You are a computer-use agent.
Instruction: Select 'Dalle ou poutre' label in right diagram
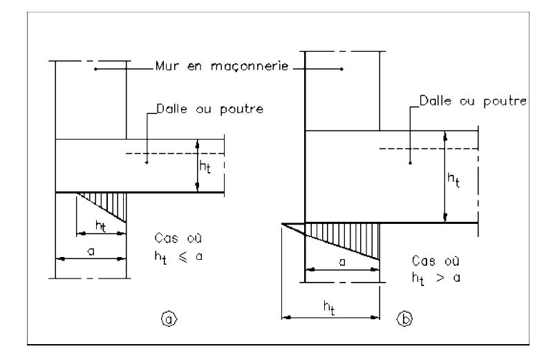click(x=473, y=102)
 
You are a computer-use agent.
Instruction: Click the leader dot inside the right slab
click(x=410, y=163)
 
